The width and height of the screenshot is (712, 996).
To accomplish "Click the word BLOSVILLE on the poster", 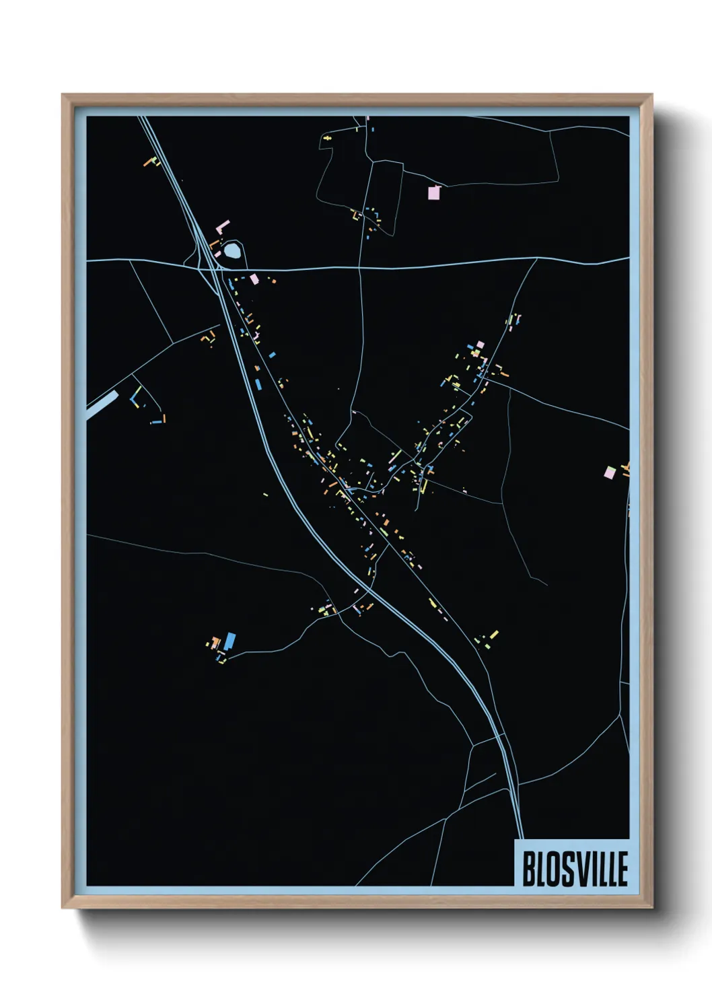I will click(x=575, y=869).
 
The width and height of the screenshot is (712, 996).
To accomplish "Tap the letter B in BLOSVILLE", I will click(x=528, y=869).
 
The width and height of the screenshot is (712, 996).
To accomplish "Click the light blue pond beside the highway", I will click(x=232, y=252).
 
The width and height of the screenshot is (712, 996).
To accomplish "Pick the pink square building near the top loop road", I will click(x=434, y=192).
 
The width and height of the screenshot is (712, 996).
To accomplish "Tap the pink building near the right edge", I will click(x=610, y=472).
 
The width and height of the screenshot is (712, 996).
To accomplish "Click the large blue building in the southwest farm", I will click(x=230, y=640).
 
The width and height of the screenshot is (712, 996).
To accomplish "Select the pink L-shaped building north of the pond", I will click(x=222, y=225).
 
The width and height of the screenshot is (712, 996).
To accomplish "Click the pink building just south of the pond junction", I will click(x=254, y=278).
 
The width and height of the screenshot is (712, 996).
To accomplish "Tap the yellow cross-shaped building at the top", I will click(x=328, y=138).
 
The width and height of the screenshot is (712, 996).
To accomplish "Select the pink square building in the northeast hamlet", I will click(x=480, y=345).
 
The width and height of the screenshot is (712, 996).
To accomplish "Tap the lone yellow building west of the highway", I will click(x=265, y=495).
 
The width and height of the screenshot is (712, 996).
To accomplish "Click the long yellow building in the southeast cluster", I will click(x=494, y=634).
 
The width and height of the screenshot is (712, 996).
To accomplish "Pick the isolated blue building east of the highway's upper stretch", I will click(x=272, y=355).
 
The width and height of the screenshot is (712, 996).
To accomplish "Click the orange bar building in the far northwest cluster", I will click(x=150, y=162).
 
